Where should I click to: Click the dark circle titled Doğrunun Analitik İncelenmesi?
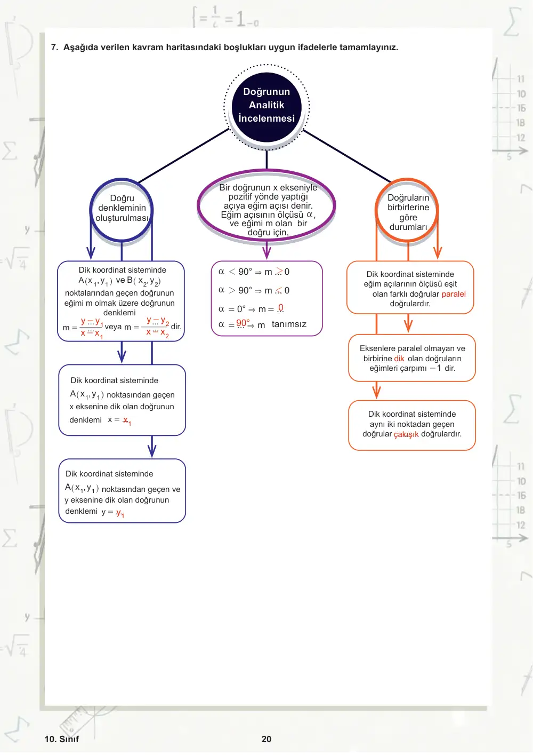[x=266, y=107]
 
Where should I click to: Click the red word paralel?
[x=453, y=294]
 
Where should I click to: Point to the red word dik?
[x=399, y=358]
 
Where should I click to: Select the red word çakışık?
[x=406, y=434]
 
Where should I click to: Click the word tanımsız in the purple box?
[x=289, y=324]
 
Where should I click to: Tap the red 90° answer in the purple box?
[x=243, y=323]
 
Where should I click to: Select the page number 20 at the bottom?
[x=266, y=739]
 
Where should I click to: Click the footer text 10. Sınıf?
[x=62, y=739]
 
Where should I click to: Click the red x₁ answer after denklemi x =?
[x=127, y=420]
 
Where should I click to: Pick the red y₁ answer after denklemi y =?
[x=120, y=513]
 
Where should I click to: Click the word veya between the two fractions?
[x=113, y=327]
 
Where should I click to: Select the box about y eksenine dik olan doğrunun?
[x=122, y=491]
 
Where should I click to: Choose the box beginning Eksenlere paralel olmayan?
[x=412, y=358]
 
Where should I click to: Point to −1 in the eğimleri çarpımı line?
[x=435, y=368]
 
